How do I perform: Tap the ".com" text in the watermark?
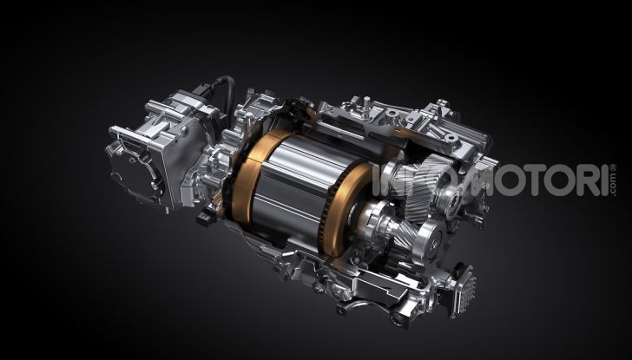[x=613, y=185]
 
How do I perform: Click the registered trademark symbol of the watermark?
[x=613, y=167]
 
